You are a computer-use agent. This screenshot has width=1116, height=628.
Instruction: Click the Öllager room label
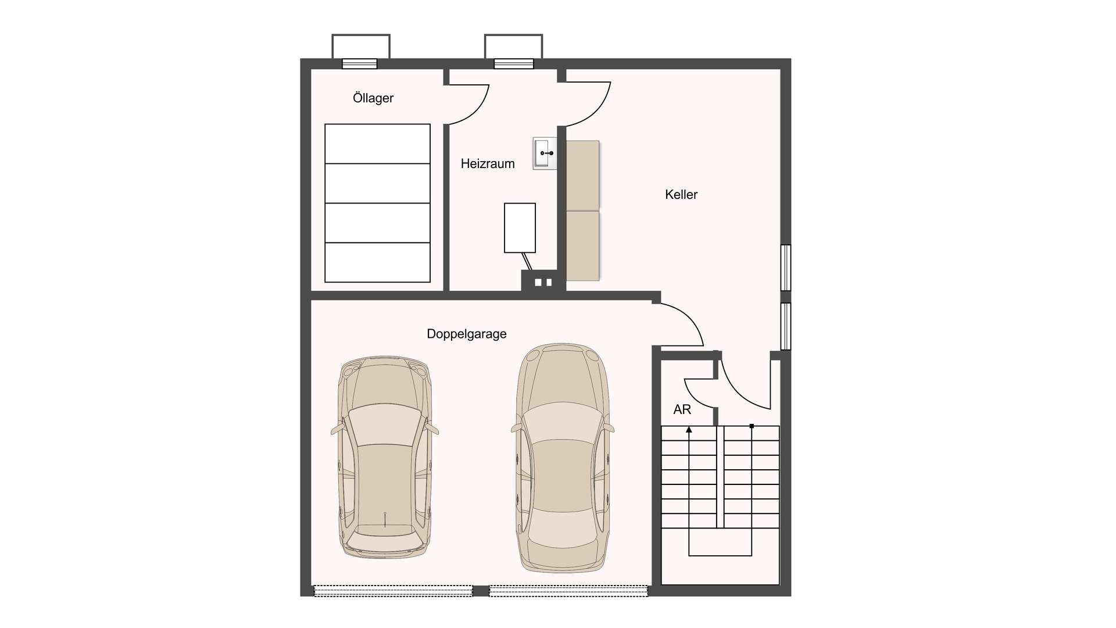click(x=373, y=98)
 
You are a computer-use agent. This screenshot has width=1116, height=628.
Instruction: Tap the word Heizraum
click(x=488, y=164)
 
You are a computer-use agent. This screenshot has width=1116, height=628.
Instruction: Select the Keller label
click(x=681, y=195)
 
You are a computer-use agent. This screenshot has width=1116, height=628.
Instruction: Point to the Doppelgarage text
click(x=467, y=334)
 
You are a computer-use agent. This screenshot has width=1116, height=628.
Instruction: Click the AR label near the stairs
click(x=682, y=410)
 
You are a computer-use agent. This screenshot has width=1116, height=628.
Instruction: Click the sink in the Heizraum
click(x=545, y=154)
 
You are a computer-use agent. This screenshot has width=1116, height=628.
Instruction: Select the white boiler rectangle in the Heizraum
click(x=520, y=228)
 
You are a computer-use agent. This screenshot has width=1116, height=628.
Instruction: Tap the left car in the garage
click(x=385, y=458)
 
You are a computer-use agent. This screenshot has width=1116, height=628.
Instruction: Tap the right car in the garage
click(x=563, y=457)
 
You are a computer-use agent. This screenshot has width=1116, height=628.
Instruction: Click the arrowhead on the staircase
click(x=689, y=430)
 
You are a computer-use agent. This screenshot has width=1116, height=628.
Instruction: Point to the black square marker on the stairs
click(x=752, y=426)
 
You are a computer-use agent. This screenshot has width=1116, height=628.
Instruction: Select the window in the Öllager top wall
click(x=360, y=64)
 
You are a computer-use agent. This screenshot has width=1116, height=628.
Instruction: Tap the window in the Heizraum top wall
click(x=514, y=64)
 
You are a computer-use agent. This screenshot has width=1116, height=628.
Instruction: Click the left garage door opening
click(x=393, y=591)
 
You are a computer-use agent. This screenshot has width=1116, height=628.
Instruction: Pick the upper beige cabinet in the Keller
click(x=582, y=175)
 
